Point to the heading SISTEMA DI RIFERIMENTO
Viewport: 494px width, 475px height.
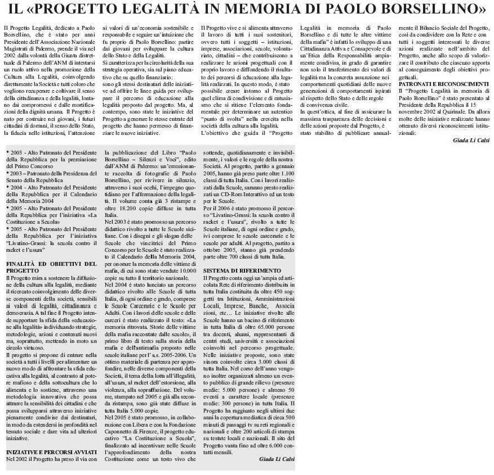[242, 270]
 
